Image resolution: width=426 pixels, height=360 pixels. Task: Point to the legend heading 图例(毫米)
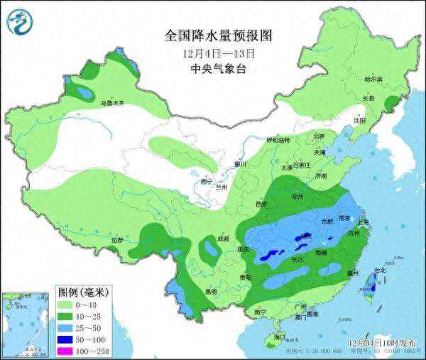(x=80, y=293)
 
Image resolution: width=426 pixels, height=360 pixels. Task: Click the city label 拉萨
(x=118, y=241)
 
